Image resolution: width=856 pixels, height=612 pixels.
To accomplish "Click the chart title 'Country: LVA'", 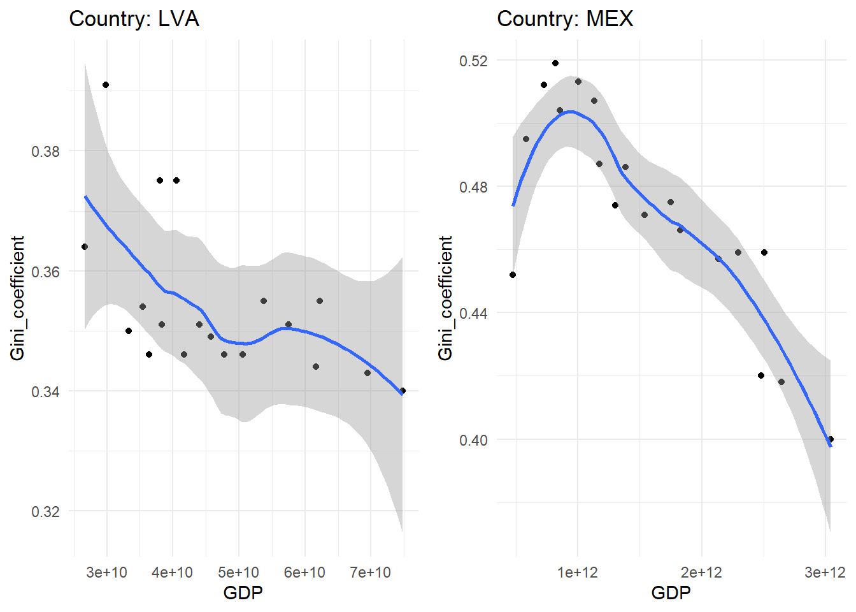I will coord(134,19).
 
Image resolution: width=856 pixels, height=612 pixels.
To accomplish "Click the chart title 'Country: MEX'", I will coord(565,19).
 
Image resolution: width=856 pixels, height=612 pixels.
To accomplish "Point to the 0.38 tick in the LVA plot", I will coord(45,152).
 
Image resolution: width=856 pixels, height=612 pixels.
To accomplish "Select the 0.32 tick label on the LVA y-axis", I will coord(45,511).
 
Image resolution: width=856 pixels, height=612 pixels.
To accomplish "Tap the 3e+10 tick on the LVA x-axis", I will coord(106,572).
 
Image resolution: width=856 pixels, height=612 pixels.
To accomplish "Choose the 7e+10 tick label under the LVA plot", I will coord(370,572).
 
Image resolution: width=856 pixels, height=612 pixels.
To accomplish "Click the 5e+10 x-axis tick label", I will coord(238,572).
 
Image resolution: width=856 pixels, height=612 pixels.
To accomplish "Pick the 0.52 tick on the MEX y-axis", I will coord(473,61).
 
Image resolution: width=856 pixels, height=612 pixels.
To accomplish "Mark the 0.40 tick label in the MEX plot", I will coord(473,440).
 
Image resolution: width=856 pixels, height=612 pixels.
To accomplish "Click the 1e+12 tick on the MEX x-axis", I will coord(578,572).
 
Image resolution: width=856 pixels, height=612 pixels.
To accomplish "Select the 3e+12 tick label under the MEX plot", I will coord(825,572).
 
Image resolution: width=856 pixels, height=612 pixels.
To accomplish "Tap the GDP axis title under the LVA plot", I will coord(243,594).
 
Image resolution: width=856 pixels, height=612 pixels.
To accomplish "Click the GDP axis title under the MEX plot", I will coord(671,594).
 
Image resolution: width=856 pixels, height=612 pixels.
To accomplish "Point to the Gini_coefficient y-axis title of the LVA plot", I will coord(17,298).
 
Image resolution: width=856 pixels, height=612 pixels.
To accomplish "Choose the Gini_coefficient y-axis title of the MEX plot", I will coord(445,298).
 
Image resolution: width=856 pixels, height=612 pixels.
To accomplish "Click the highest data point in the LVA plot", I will coord(106,85).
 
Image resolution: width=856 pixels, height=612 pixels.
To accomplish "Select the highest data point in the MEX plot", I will coord(555,63).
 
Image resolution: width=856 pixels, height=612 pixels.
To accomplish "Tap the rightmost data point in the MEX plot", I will coord(831,439).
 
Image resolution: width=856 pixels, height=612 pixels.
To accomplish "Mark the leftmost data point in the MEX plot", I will coord(513,275).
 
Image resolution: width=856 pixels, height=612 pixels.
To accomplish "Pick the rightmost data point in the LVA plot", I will coord(403,391).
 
